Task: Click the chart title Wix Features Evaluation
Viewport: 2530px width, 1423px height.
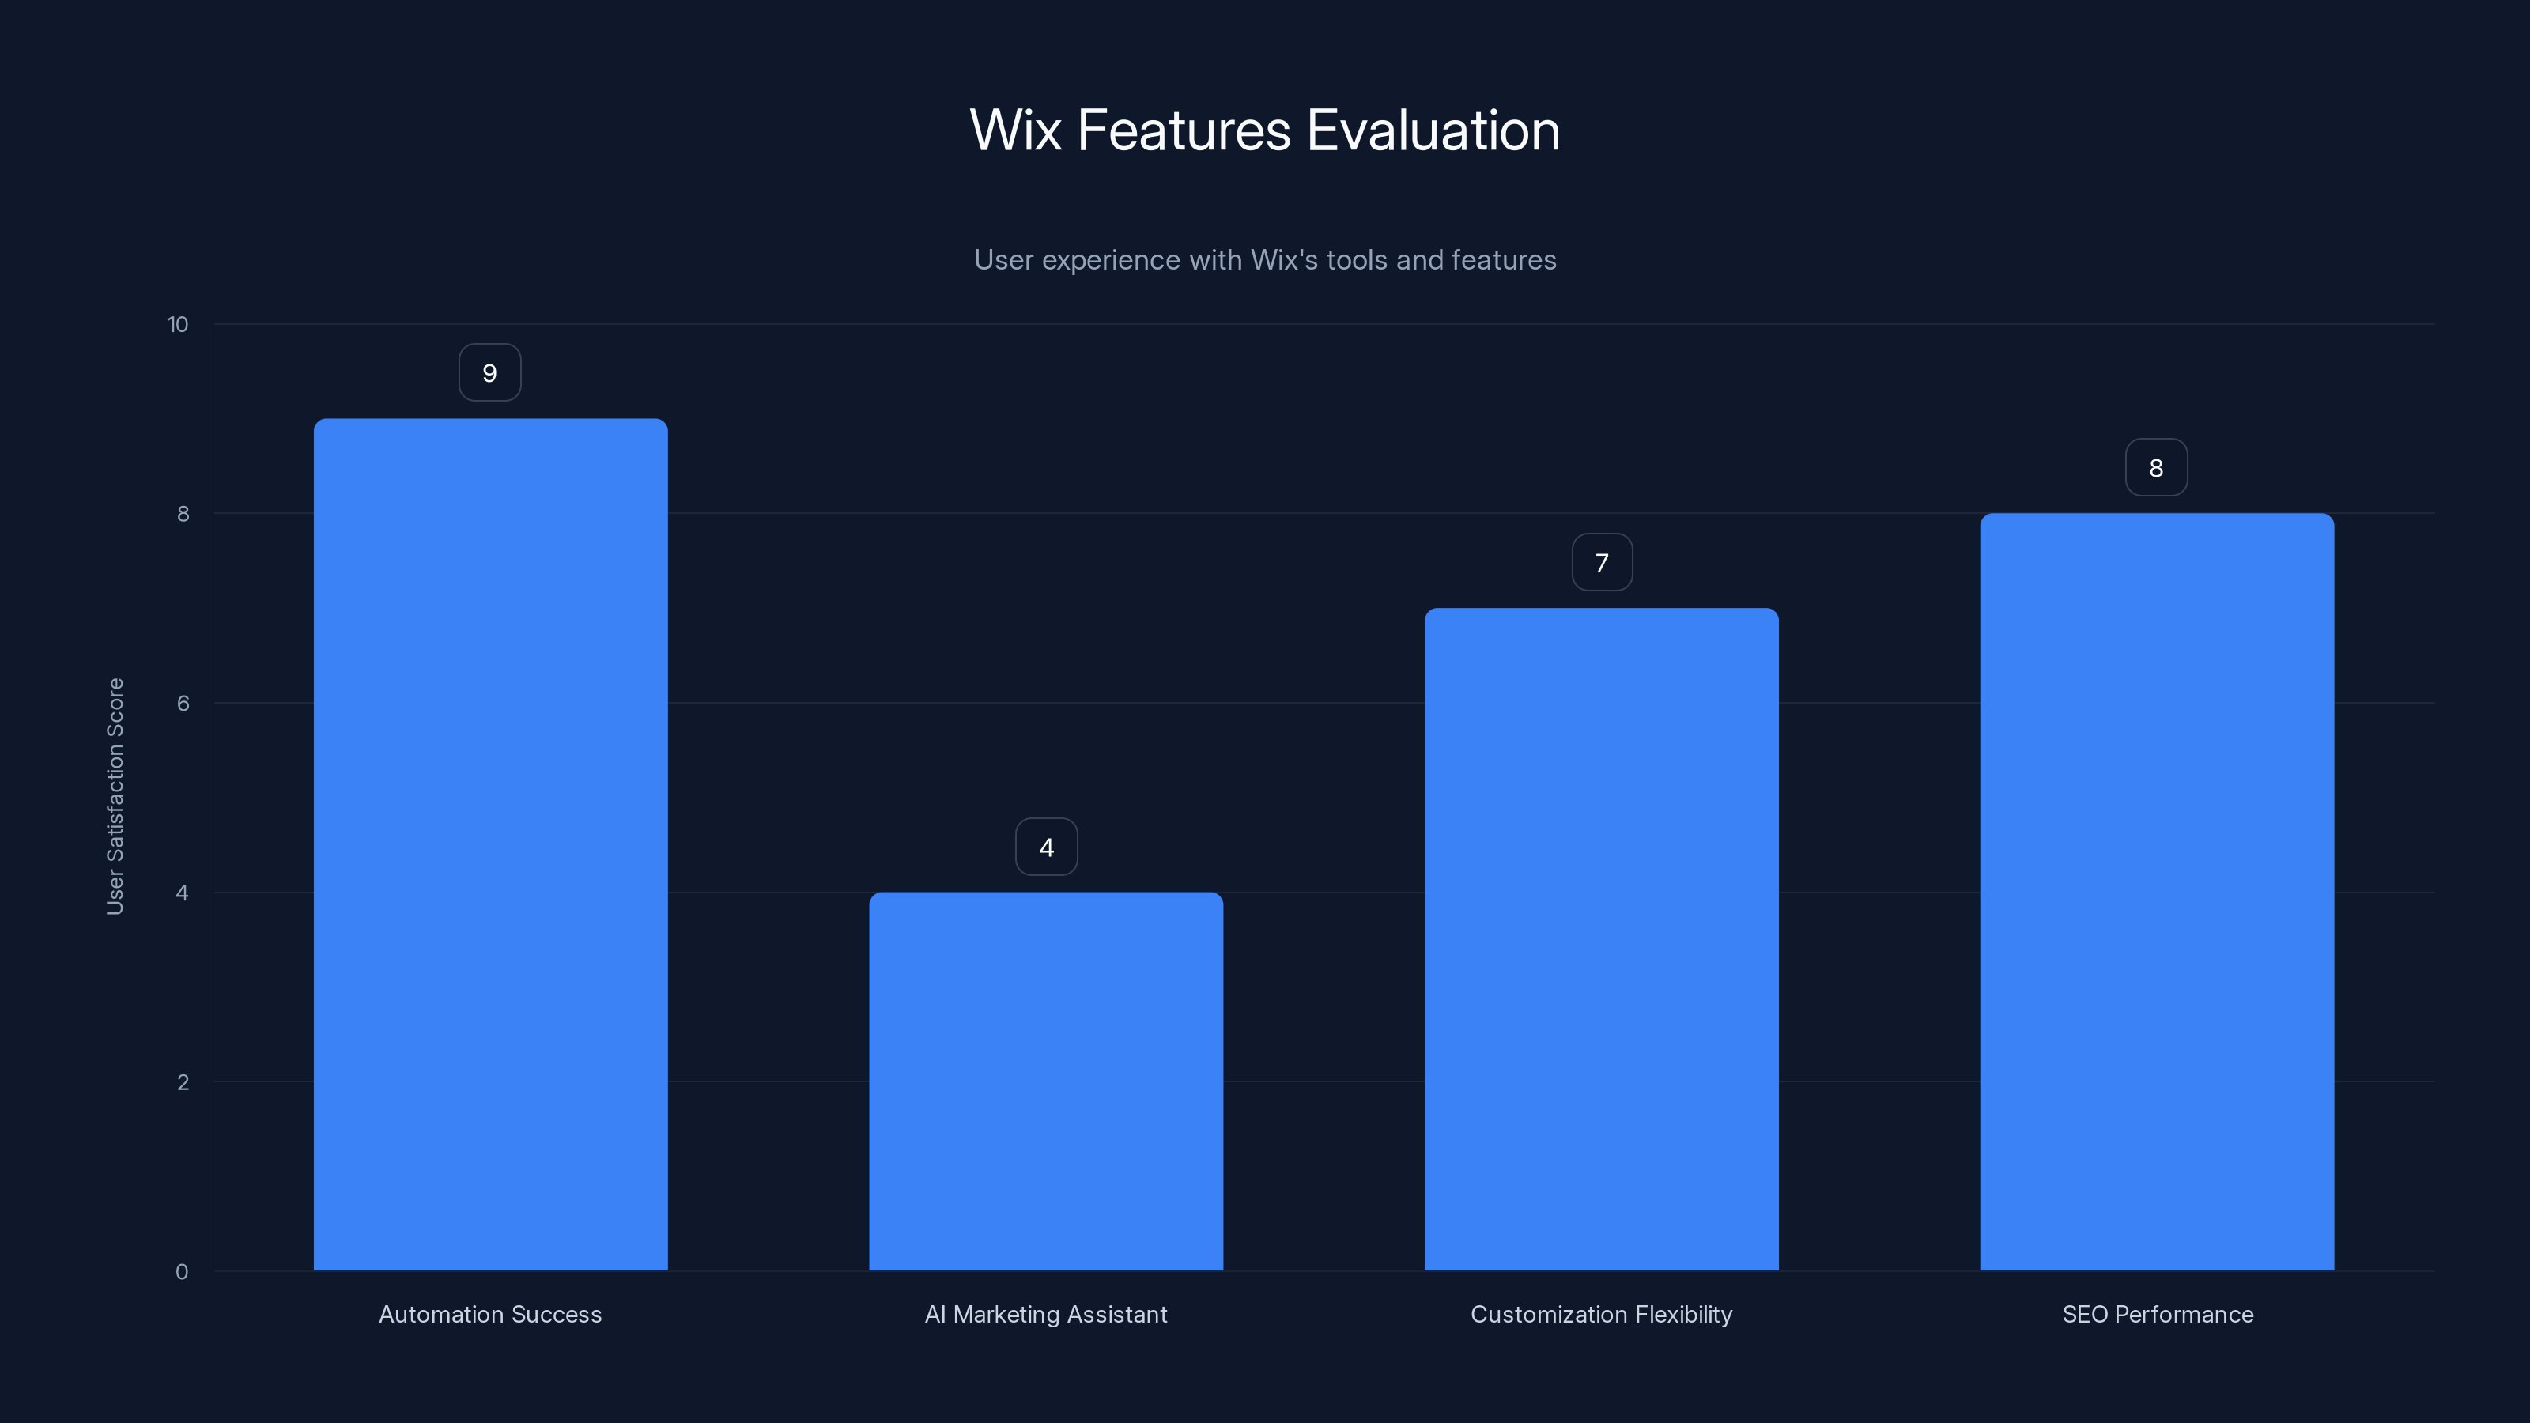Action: [x=1264, y=130]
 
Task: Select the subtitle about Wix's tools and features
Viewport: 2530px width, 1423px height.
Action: [x=1264, y=260]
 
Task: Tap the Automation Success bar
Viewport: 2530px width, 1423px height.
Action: [x=490, y=844]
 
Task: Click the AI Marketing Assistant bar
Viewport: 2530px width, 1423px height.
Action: [x=1046, y=1080]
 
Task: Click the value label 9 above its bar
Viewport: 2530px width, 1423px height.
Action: [x=490, y=373]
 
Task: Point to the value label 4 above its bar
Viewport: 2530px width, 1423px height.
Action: [x=1046, y=847]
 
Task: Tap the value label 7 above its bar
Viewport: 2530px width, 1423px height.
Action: [x=1602, y=563]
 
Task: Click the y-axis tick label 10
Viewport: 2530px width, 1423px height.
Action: [x=178, y=325]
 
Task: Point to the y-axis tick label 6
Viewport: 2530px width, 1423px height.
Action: [x=183, y=703]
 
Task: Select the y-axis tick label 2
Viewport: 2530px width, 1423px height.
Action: [x=183, y=1082]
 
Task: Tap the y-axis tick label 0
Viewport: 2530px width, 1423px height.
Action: [x=182, y=1272]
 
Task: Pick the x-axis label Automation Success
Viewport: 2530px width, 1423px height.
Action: [x=490, y=1314]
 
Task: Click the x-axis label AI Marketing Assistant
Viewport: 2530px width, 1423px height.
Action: [x=1046, y=1314]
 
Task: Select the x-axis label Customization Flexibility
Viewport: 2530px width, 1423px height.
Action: [x=1601, y=1314]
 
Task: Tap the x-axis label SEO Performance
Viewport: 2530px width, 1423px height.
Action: [x=2157, y=1314]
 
